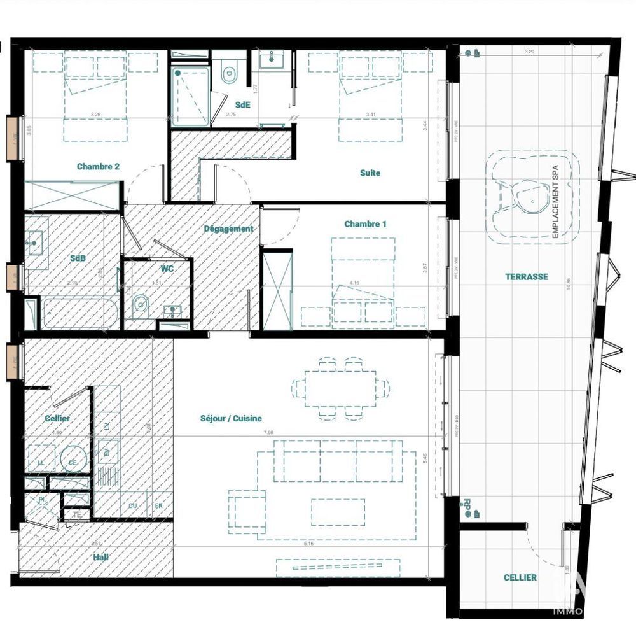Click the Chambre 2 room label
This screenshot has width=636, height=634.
(99, 167)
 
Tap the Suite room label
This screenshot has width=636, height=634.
(370, 173)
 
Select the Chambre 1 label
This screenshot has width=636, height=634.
(365, 224)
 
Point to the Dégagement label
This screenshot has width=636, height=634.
(228, 229)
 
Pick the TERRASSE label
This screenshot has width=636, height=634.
(527, 277)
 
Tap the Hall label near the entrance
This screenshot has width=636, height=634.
(100, 557)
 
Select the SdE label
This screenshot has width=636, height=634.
(242, 104)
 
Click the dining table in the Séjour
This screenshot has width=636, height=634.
(340, 388)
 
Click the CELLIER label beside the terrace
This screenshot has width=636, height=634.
(520, 577)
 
